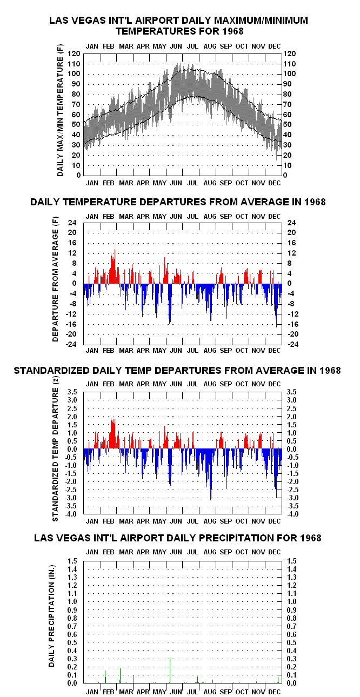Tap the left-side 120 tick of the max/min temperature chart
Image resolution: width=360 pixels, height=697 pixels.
point(74,54)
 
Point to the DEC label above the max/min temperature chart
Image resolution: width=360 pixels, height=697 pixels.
point(275,46)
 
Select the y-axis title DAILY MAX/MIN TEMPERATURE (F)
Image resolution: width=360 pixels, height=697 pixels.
point(60,111)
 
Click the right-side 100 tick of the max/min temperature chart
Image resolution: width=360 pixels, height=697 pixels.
point(290,74)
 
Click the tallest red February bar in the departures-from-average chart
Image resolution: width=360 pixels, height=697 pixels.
point(115,266)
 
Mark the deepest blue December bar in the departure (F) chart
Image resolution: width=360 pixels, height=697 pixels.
point(276,305)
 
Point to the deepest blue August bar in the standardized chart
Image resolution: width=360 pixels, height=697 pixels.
point(211,474)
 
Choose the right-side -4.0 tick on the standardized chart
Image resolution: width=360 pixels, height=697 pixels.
point(292,514)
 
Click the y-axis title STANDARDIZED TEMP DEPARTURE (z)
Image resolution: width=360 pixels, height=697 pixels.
point(56,450)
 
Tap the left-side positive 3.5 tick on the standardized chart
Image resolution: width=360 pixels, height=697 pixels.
point(72,392)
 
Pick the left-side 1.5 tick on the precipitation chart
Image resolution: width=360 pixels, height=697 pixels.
point(72,561)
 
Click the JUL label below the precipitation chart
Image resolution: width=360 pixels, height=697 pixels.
point(192,692)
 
